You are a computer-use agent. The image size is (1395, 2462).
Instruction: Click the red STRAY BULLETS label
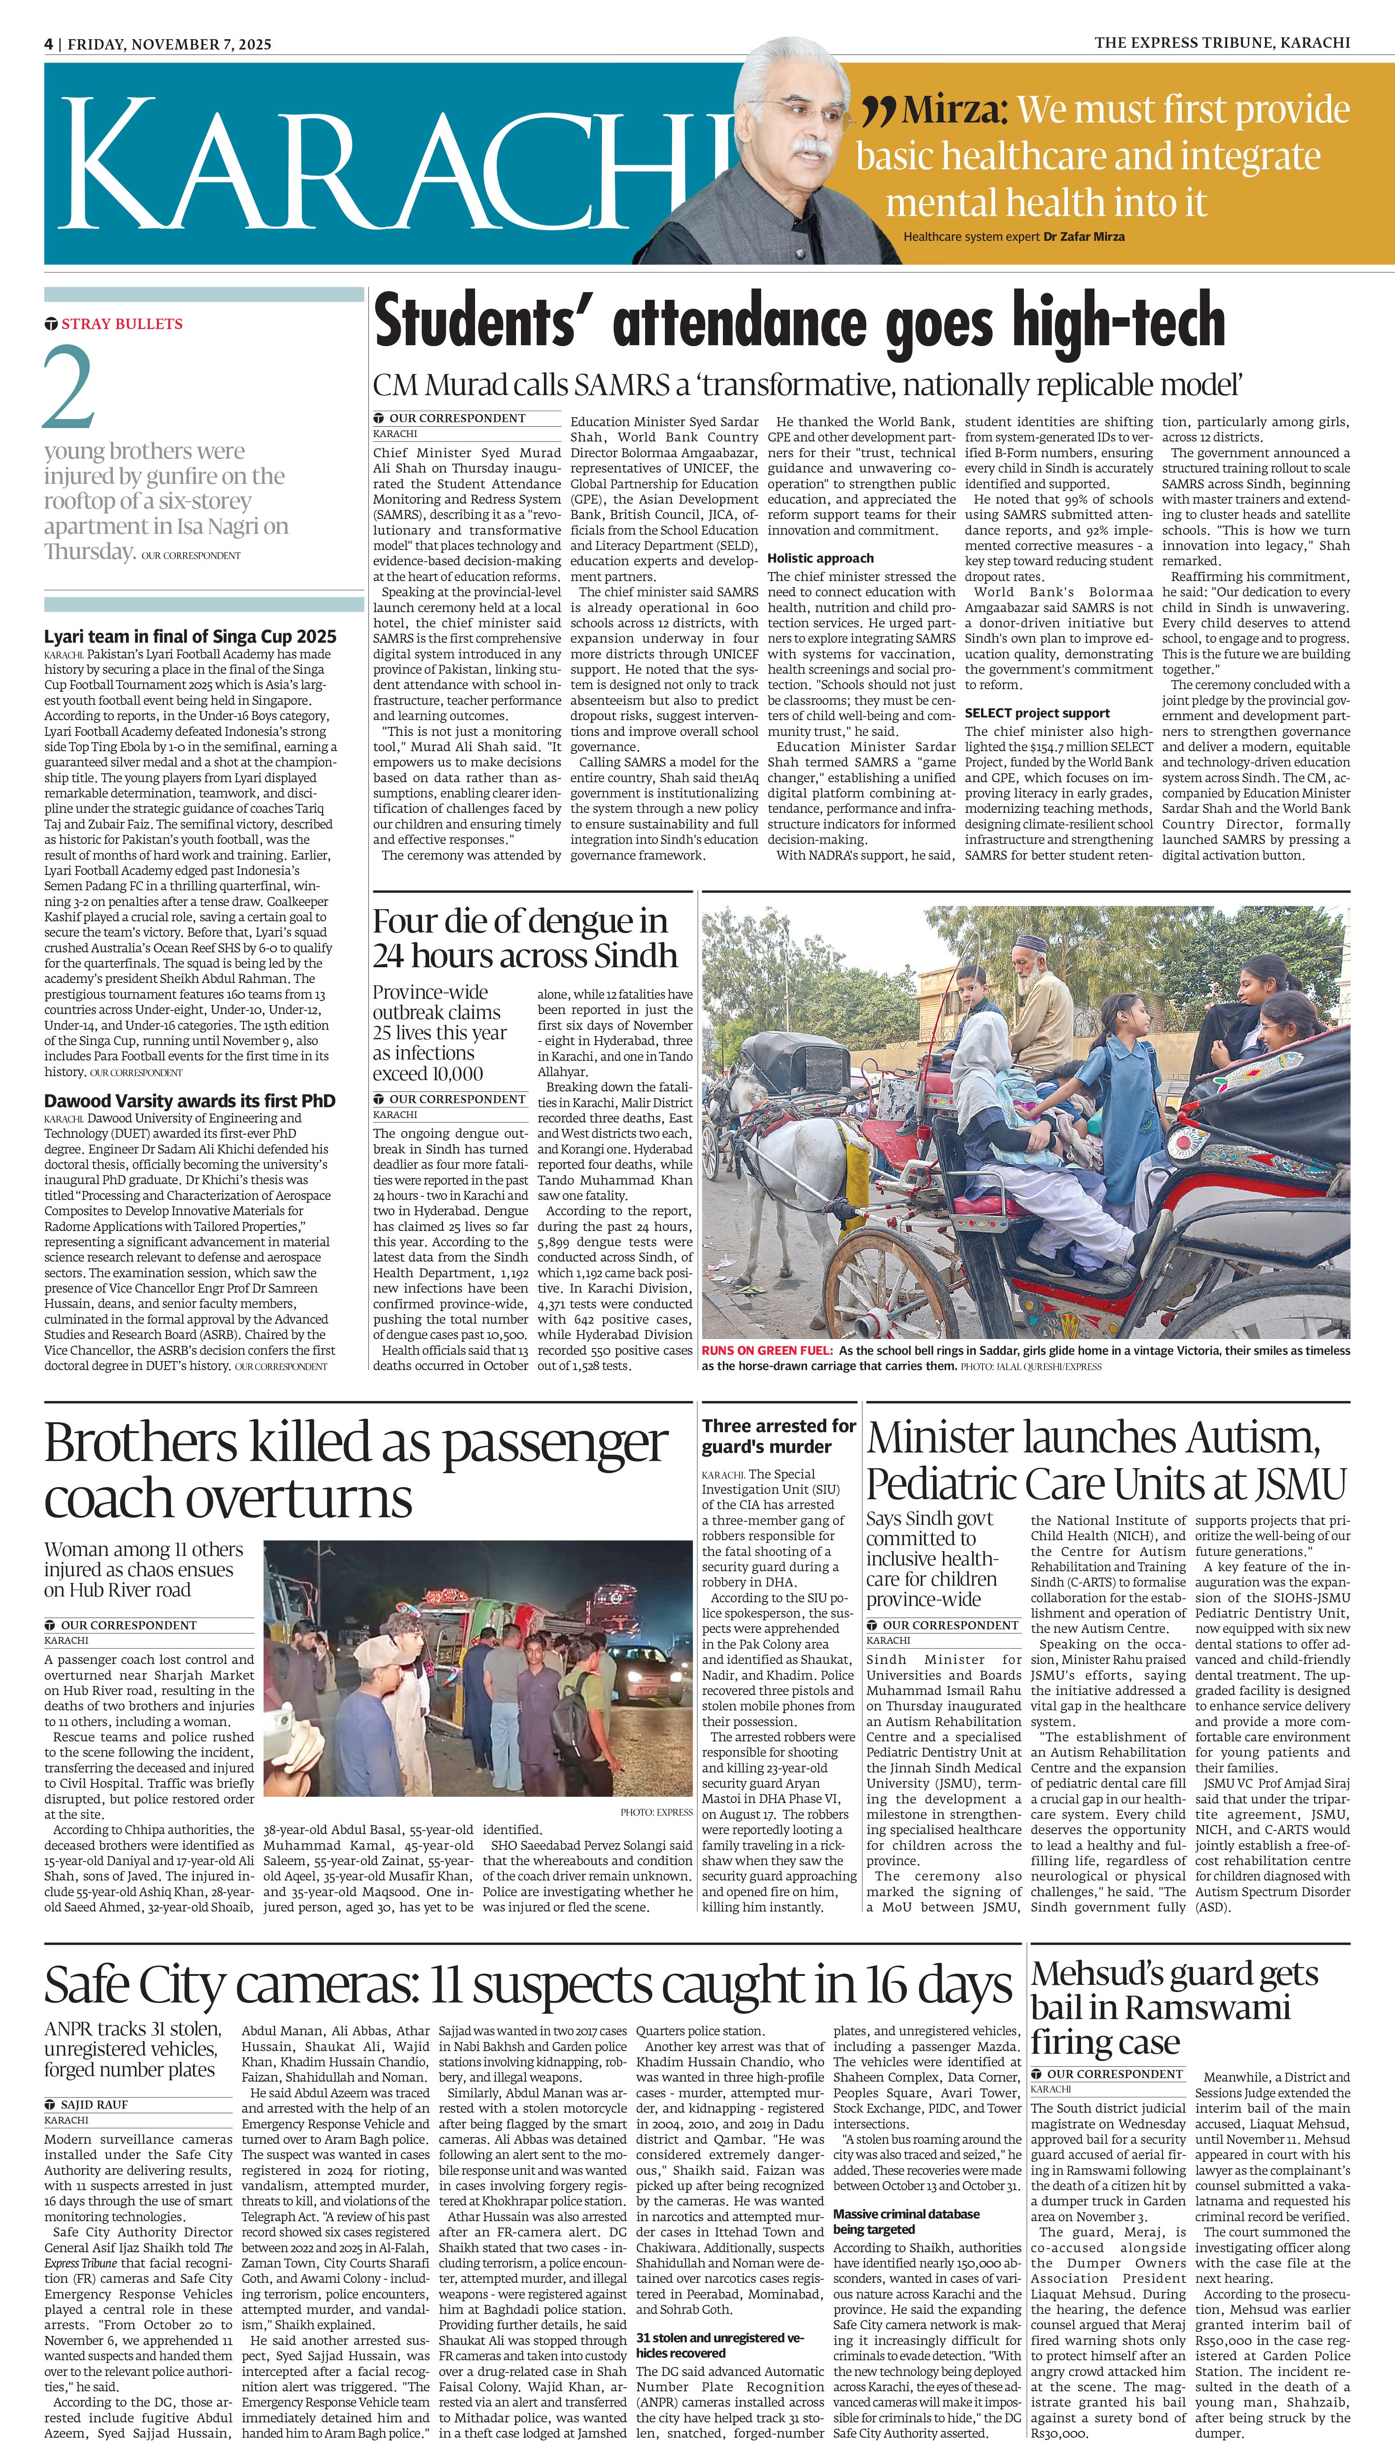tap(121, 324)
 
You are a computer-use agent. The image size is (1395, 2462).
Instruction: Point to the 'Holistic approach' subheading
tap(820, 558)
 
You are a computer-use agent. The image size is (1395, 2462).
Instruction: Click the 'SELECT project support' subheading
tap(1036, 713)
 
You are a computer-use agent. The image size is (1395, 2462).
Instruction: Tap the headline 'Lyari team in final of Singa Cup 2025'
tap(190, 636)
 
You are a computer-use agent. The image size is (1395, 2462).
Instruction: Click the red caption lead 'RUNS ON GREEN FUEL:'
tap(767, 1350)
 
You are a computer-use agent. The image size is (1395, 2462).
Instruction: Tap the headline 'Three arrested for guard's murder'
tap(778, 1436)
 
